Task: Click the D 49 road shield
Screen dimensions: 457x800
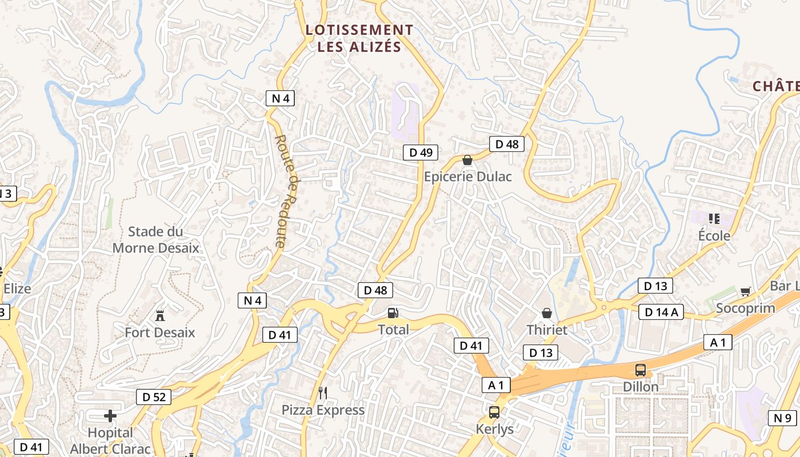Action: point(421,153)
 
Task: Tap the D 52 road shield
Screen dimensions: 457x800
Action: point(154,396)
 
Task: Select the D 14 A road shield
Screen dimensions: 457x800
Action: point(661,312)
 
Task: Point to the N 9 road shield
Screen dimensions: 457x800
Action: point(782,418)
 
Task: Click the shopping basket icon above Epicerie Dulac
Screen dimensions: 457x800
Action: point(467,161)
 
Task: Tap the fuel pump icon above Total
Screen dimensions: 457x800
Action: point(393,313)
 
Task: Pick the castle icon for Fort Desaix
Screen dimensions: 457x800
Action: point(160,315)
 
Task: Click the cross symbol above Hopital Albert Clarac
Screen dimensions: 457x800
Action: point(110,415)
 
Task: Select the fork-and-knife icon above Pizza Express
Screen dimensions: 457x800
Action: point(323,392)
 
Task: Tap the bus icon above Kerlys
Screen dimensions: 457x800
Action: point(494,412)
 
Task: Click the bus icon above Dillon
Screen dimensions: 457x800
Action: point(641,370)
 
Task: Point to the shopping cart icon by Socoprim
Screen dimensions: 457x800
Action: point(745,292)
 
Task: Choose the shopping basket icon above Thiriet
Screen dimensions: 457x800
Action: point(547,313)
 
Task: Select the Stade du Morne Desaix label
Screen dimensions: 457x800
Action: point(155,240)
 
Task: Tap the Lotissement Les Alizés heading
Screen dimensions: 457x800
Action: point(359,38)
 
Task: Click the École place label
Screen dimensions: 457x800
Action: point(714,235)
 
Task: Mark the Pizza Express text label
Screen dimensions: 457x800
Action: point(323,410)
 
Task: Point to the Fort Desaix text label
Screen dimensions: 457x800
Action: point(160,332)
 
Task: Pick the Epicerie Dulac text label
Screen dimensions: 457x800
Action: point(467,177)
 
